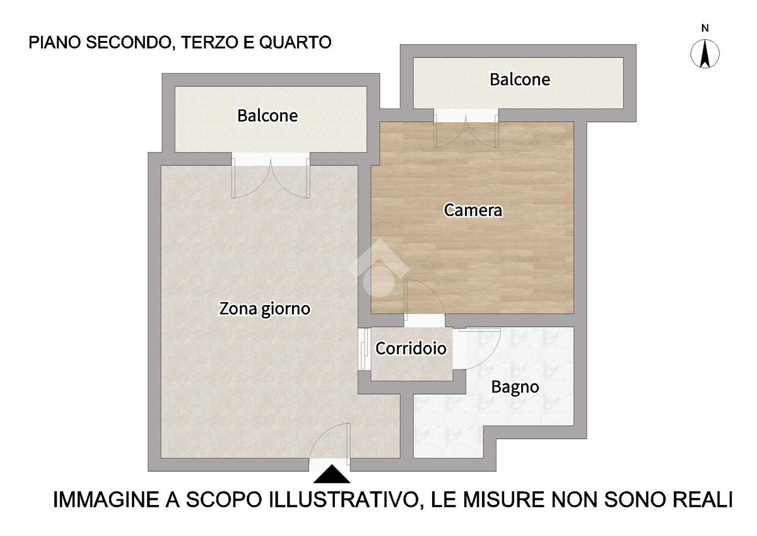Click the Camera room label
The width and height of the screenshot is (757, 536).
tap(472, 210)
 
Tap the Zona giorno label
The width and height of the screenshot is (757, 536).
tap(264, 309)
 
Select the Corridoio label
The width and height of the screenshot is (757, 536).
tap(411, 348)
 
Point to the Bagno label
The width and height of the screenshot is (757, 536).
tap(515, 387)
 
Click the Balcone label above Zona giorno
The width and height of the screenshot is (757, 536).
tap(267, 115)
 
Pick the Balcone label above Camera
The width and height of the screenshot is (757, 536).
tap(520, 79)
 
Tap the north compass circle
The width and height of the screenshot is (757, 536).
tap(705, 54)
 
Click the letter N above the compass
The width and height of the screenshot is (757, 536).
tap(705, 28)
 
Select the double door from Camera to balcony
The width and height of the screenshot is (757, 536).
tap(466, 131)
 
